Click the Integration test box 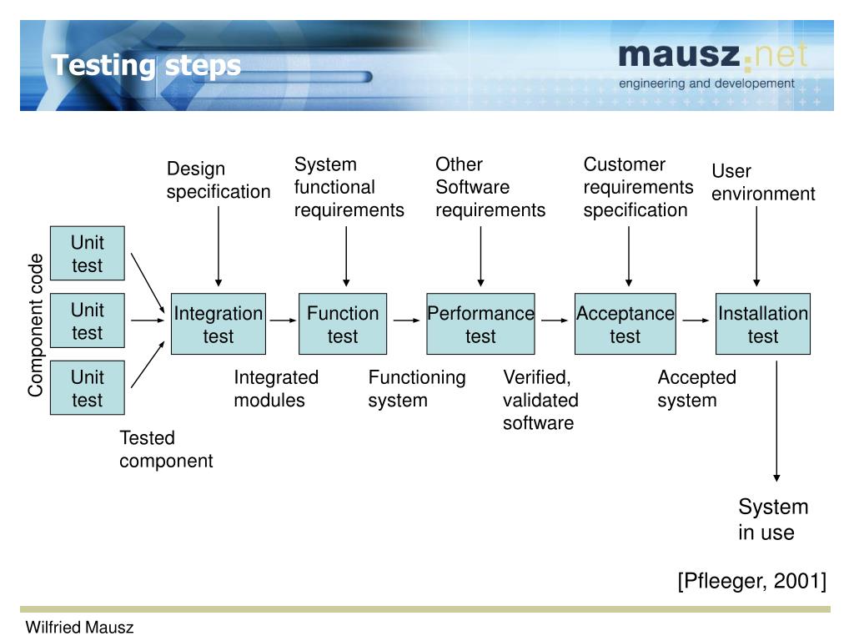pyautogui.click(x=219, y=324)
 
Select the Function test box pyautogui.click(x=343, y=324)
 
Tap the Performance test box pyautogui.click(x=480, y=324)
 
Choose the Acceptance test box pyautogui.click(x=625, y=324)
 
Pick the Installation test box pyautogui.click(x=762, y=324)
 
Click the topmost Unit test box pyautogui.click(x=87, y=254)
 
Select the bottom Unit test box pyautogui.click(x=87, y=387)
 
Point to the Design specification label pyautogui.click(x=219, y=180)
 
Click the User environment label pyautogui.click(x=763, y=183)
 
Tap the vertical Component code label pyautogui.click(x=35, y=325)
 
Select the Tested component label pyautogui.click(x=166, y=449)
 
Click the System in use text pyautogui.click(x=773, y=519)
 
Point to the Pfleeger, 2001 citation pyautogui.click(x=752, y=581)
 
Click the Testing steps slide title pyautogui.click(x=146, y=66)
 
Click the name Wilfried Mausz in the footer pyautogui.click(x=79, y=628)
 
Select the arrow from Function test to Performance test pyautogui.click(x=406, y=320)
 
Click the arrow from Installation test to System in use pyautogui.click(x=776, y=421)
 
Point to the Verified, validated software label pyautogui.click(x=540, y=400)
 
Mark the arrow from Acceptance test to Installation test pyautogui.click(x=696, y=320)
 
